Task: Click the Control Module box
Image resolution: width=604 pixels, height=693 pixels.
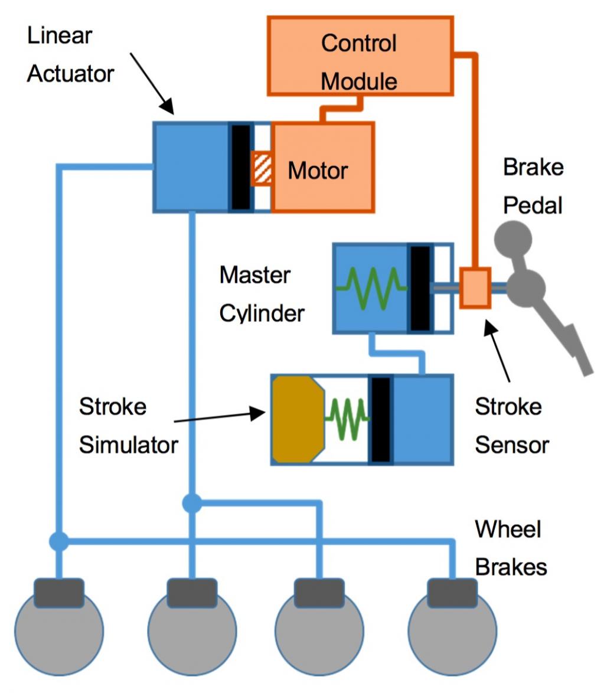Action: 360,56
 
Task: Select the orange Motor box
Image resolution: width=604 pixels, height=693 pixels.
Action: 323,168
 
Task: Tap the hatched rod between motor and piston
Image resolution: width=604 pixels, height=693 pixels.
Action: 262,168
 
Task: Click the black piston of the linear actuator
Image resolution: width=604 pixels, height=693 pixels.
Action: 241,168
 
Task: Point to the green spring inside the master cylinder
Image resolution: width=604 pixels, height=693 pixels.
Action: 371,288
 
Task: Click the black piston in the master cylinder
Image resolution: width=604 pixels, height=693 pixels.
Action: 420,289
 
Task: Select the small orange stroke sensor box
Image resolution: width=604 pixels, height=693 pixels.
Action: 475,287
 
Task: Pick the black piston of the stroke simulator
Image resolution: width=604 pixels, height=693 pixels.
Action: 381,420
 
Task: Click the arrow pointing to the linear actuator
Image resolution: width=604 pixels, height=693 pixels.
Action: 152,84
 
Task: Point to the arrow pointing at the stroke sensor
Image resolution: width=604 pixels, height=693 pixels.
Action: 498,351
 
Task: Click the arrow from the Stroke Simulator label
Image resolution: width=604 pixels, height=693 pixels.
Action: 220,416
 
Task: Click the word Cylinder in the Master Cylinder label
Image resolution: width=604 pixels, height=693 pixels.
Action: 262,314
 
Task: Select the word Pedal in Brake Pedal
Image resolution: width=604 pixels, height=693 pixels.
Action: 533,205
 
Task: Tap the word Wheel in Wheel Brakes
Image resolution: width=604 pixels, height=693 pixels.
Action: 508,529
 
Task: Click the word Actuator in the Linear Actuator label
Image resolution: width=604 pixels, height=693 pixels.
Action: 71,74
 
